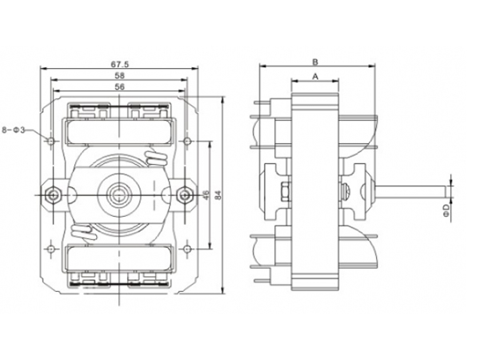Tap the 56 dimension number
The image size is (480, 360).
coord(119,86)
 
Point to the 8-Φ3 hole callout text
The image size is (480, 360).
coord(18,128)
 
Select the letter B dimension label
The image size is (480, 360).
coord(315,61)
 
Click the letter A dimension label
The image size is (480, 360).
coord(315,77)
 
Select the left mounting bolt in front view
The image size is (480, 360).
coord(53,194)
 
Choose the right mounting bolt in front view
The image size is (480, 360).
coord(186,194)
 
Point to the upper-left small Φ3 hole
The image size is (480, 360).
coord(52,141)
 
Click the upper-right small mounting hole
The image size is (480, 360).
coord(186,141)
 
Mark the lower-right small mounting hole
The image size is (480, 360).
coord(186,246)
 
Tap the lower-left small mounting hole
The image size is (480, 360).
coord(52,246)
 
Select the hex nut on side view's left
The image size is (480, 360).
coord(285,194)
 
